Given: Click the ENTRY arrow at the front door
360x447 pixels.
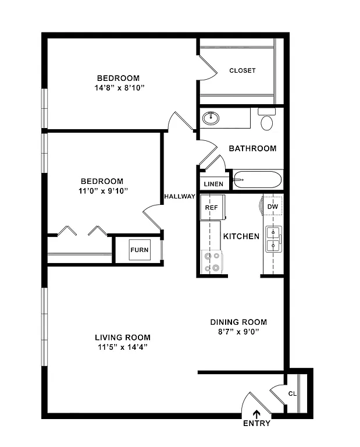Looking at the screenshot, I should tap(256, 414).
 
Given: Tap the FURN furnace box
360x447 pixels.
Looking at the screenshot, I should tap(140, 250).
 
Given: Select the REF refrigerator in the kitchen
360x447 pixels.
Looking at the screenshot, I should tap(211, 207).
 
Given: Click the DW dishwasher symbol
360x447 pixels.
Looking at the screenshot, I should tap(273, 207).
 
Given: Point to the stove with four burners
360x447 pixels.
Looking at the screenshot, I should tap(211, 261).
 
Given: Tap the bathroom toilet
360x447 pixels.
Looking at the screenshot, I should tap(267, 120).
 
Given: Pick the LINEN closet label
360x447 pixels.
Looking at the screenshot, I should tap(213, 184).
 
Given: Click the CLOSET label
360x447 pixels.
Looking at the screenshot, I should tap(243, 70).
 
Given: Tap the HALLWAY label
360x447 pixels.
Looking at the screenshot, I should tap(179, 196).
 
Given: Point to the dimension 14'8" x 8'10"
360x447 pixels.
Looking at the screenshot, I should tap(119, 88).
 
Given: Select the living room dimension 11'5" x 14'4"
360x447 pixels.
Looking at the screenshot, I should tap(123, 347).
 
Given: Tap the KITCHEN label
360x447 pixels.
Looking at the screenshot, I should tap(241, 236).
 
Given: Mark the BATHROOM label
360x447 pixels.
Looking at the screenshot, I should tap(252, 148).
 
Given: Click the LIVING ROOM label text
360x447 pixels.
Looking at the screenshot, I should tap(123, 337).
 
